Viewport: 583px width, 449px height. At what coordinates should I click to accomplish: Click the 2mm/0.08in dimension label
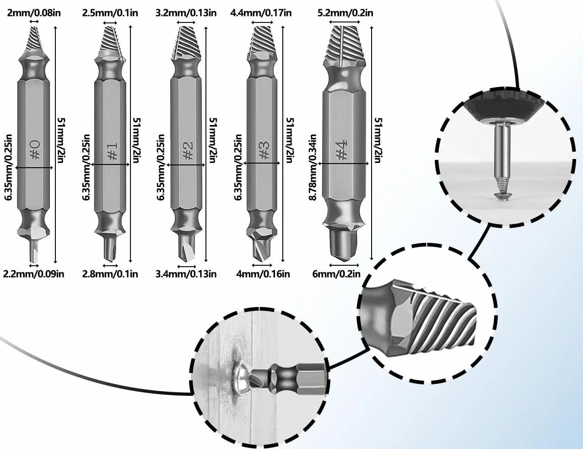point(34,13)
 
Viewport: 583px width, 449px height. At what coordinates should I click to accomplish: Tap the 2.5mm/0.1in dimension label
point(110,13)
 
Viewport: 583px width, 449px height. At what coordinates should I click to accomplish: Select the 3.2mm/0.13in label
point(186,13)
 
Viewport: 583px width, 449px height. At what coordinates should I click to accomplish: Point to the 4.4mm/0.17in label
point(261,13)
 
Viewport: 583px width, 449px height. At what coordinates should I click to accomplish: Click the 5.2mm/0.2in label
point(345,13)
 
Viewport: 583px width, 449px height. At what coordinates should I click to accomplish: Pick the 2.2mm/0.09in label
point(33,274)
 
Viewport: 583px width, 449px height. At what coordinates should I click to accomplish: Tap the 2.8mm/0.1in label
point(110,274)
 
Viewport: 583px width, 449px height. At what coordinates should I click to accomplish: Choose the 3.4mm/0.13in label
point(186,274)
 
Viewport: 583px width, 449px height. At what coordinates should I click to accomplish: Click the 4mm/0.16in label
point(263,274)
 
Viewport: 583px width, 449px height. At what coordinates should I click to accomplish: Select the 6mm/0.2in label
point(336,274)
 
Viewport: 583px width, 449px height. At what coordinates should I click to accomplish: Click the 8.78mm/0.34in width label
point(313,168)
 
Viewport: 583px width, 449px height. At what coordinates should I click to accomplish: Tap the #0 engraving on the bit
point(36,150)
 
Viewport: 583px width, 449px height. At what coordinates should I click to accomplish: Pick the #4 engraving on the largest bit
point(341,150)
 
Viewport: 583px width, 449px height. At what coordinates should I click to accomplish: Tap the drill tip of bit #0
point(33,251)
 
